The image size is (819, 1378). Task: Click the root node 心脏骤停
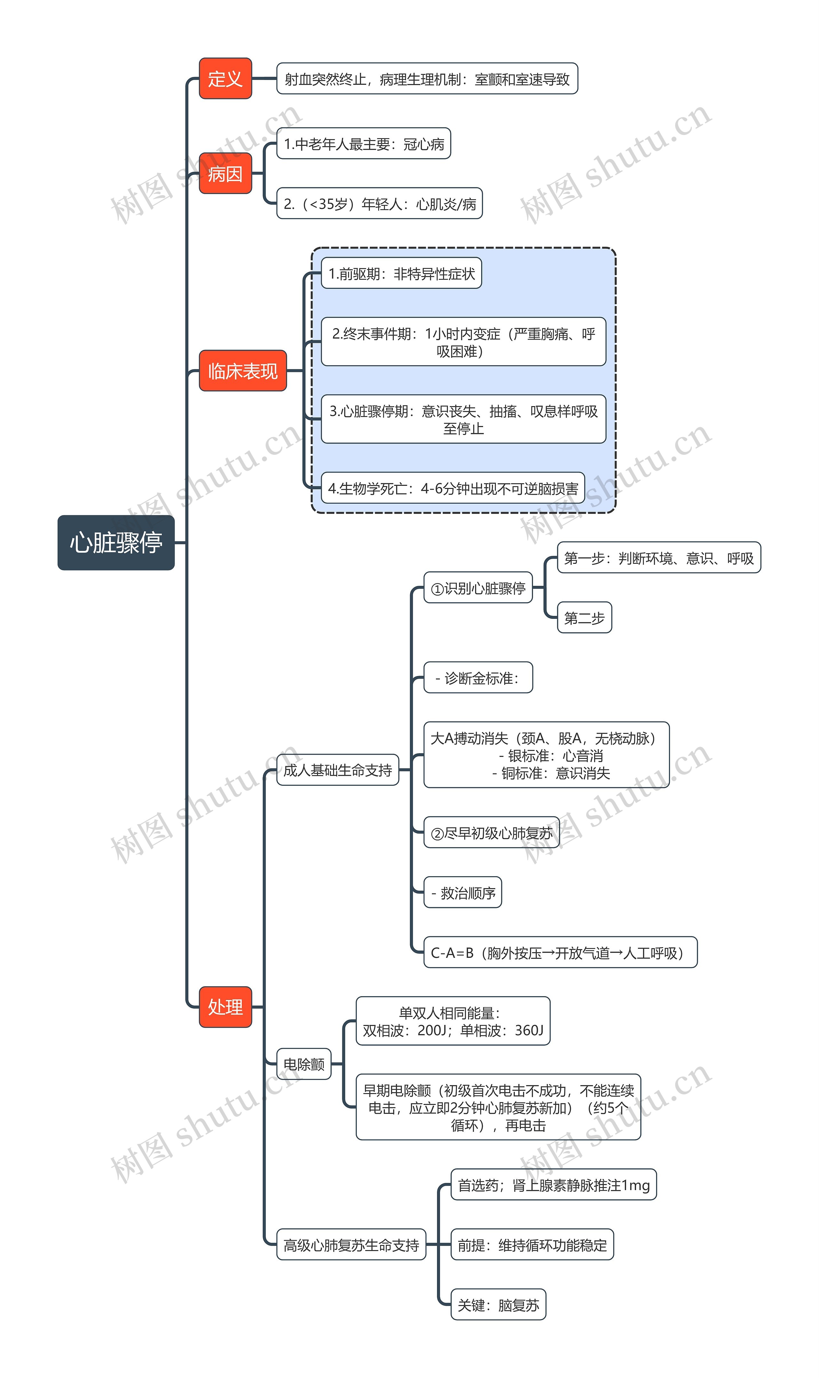coord(116,542)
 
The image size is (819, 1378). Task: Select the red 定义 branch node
coord(225,78)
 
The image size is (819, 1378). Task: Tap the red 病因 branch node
coord(225,173)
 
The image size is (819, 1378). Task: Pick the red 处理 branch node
coord(225,1007)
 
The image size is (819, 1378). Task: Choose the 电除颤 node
coord(304,1064)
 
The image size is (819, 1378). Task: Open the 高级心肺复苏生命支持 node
coord(351,1245)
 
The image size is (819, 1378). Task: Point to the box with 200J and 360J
coord(453,1021)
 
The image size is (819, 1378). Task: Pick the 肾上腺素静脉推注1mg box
coord(553,1185)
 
